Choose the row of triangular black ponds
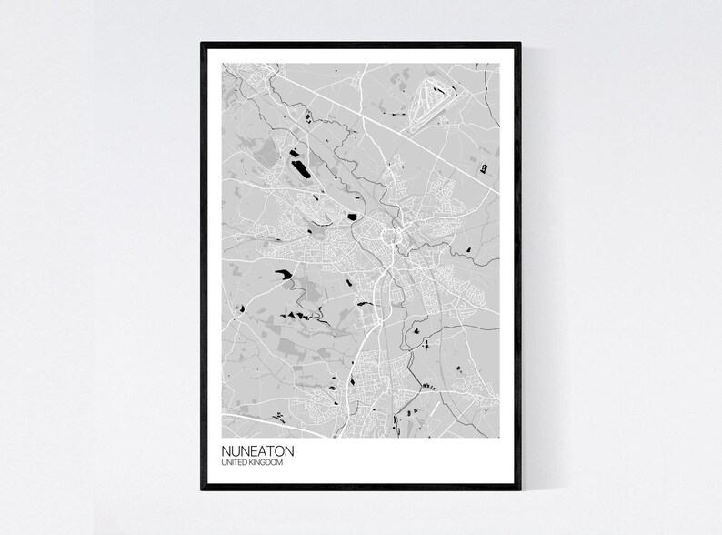coord(295,314)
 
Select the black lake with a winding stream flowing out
coord(283,273)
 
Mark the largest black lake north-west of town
coord(300,168)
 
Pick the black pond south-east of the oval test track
coord(484,167)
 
